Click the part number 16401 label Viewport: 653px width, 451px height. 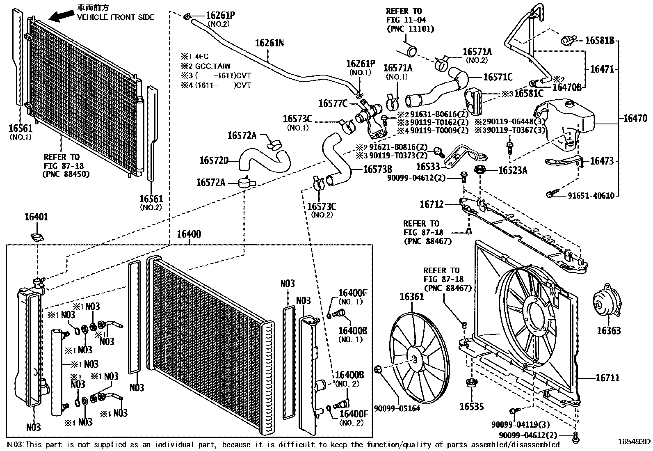pyautogui.click(x=36, y=217)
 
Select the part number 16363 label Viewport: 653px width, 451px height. pyautogui.click(x=608, y=330)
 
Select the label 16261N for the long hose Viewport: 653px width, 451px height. pyautogui.click(x=269, y=43)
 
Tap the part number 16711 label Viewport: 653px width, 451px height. pyautogui.click(x=607, y=378)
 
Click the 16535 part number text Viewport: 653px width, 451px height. pyautogui.click(x=471, y=407)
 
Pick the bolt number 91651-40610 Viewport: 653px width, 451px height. pyautogui.click(x=591, y=195)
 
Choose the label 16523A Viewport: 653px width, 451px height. pyautogui.click(x=512, y=170)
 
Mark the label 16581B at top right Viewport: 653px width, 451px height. pyautogui.click(x=599, y=40)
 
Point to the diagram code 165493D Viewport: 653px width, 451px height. pyautogui.click(x=635, y=442)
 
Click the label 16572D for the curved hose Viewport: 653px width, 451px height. pyautogui.click(x=214, y=160)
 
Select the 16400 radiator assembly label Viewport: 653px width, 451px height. pyautogui.click(x=189, y=234)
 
